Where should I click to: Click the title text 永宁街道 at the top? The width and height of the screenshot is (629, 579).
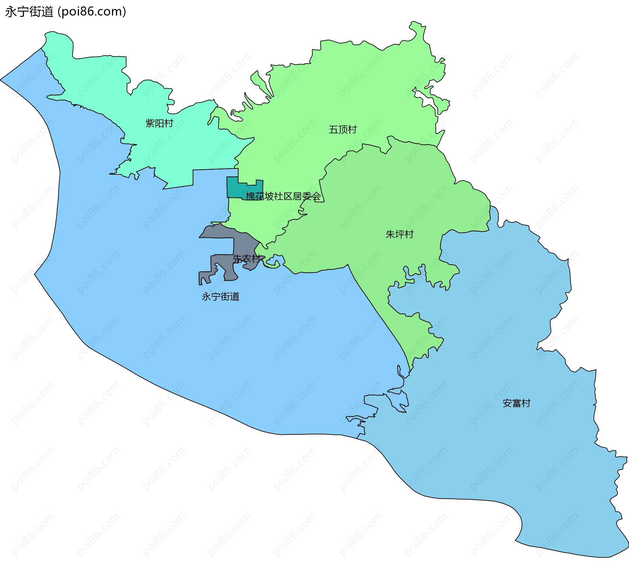(29, 12)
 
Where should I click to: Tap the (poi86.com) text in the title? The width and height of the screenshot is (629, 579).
(92, 12)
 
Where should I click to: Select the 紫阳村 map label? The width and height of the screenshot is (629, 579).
(159, 123)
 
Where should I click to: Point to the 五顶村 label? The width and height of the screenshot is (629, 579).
(343, 130)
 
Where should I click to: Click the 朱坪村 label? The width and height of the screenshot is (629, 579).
(400, 234)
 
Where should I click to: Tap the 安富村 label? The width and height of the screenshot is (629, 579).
(517, 403)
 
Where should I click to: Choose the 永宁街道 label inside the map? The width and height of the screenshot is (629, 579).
(220, 296)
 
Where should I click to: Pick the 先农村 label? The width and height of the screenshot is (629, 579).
(247, 259)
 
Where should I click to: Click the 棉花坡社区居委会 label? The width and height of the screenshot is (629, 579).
(283, 196)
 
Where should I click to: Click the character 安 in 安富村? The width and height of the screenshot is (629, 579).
(507, 403)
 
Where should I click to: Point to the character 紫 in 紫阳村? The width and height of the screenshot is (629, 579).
(150, 123)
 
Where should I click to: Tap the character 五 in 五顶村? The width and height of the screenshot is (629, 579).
(334, 130)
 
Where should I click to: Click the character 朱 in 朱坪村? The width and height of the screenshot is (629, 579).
(391, 234)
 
